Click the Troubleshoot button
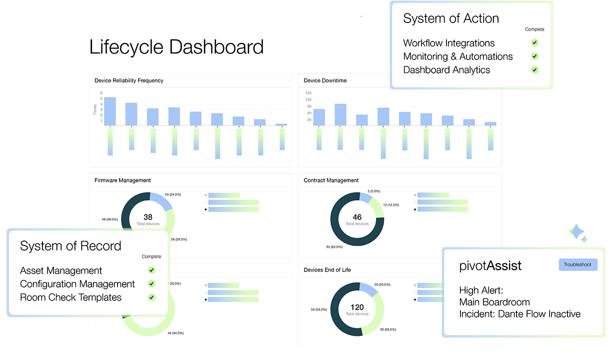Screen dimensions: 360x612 [577, 264]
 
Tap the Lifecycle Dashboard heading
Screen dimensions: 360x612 [176, 47]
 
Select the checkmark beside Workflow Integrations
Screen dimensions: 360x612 [534, 43]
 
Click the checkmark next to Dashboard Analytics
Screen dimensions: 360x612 [534, 70]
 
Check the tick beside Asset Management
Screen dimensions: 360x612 [151, 270]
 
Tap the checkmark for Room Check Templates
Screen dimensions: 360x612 [151, 297]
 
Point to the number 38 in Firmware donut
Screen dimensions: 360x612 [148, 217]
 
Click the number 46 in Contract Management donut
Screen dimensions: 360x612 [357, 217]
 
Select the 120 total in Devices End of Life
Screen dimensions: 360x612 [357, 307]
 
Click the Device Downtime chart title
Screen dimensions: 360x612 [325, 80]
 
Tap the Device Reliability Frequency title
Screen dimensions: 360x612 [129, 80]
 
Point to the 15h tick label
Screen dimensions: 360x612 [308, 93]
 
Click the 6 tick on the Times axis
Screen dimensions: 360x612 [101, 93]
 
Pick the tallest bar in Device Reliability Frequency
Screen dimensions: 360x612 [110, 111]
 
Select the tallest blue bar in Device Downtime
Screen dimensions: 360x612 [340, 114]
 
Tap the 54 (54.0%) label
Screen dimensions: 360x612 [318, 309]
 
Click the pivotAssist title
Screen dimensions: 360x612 [490, 266]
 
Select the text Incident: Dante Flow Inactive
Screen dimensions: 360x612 [520, 314]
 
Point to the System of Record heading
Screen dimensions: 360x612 [70, 246]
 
